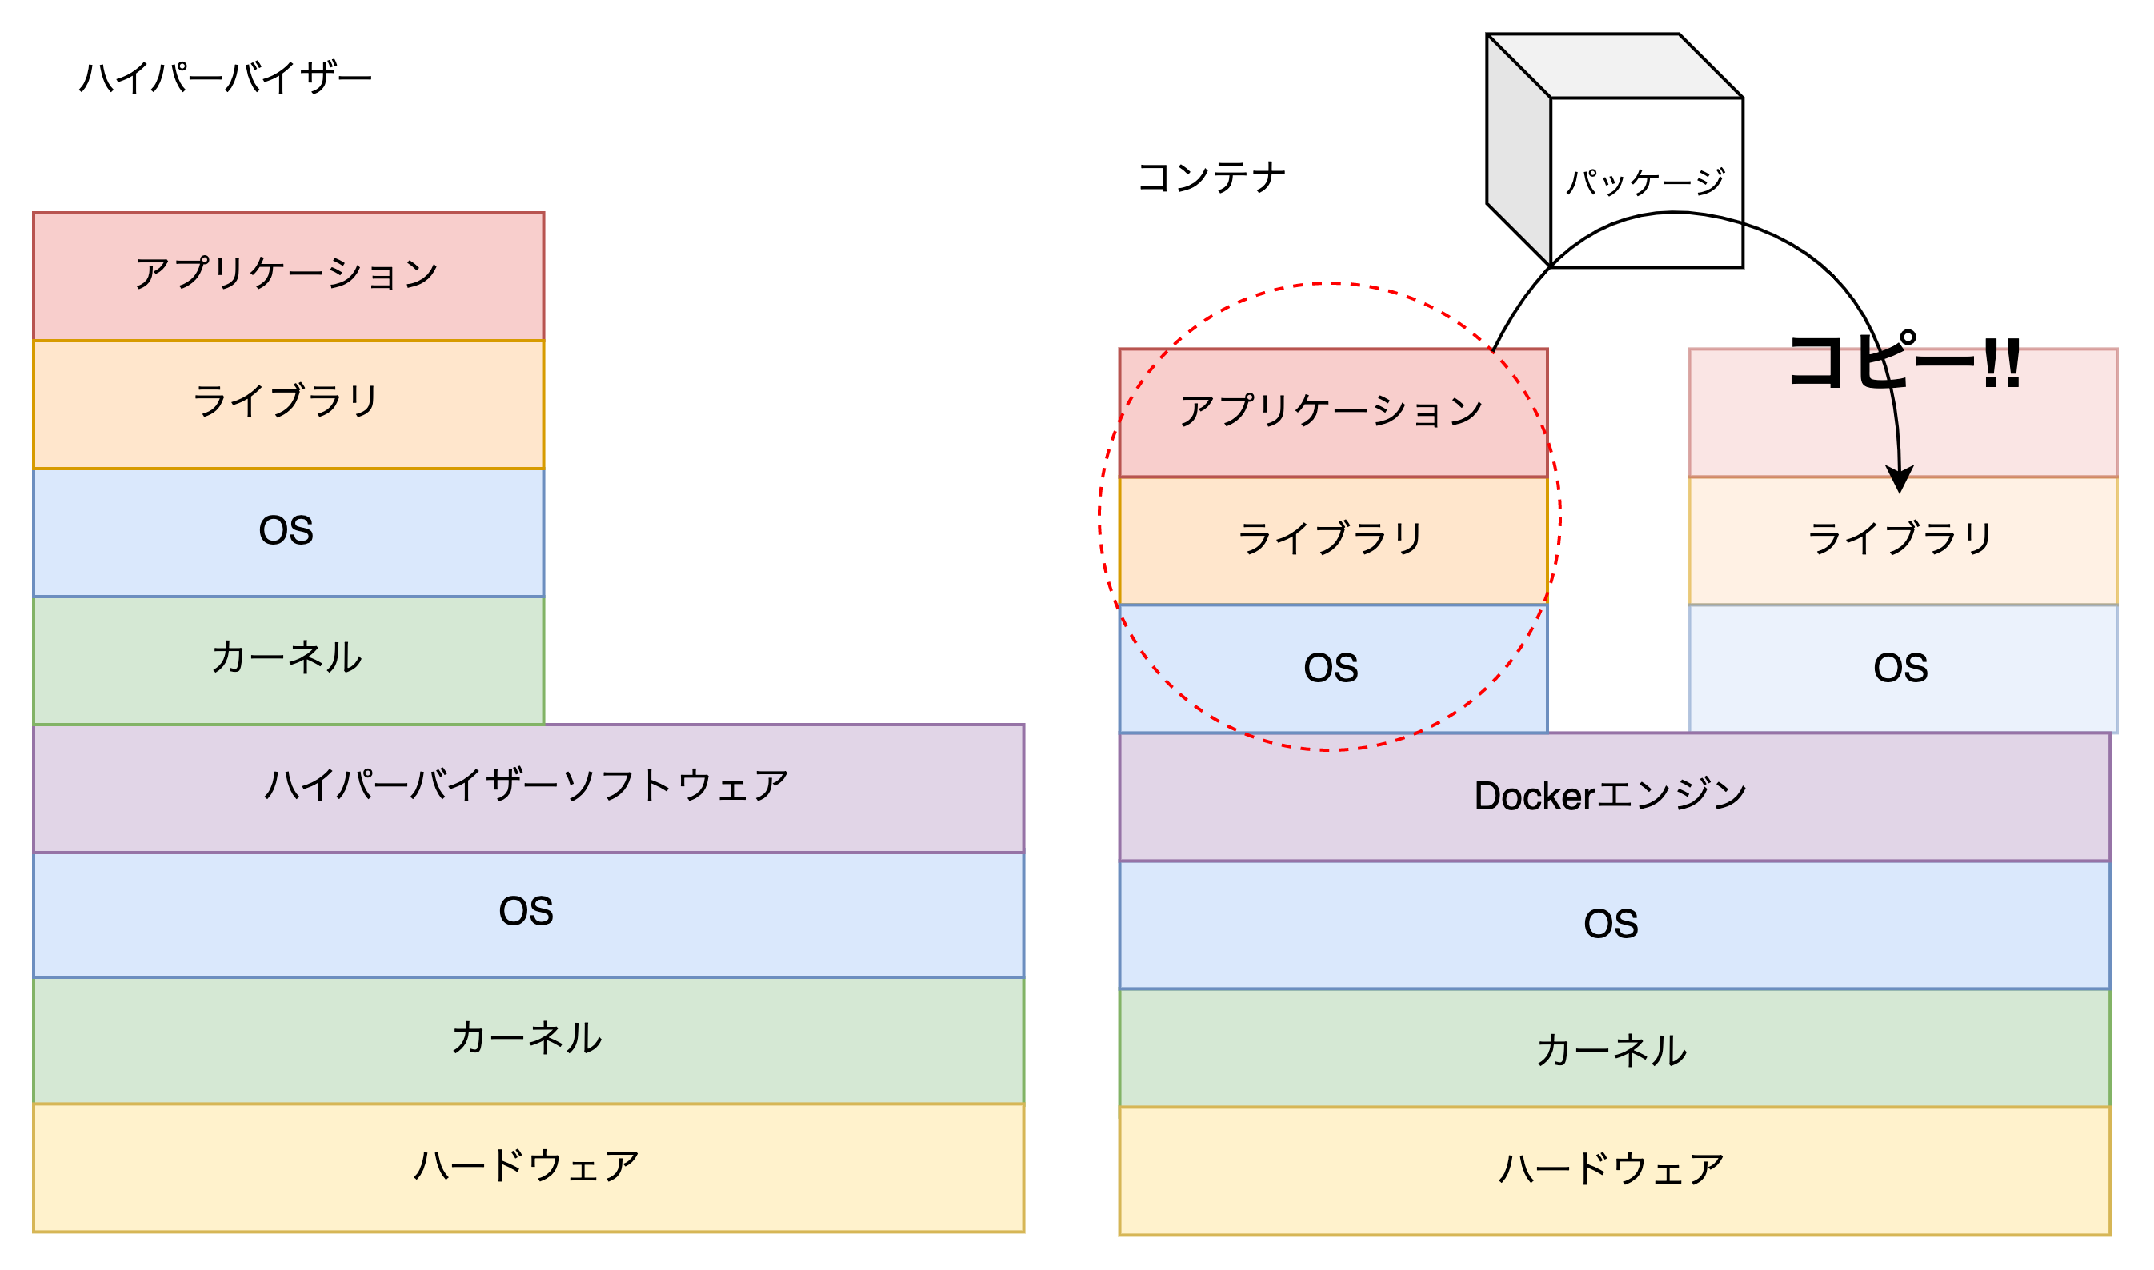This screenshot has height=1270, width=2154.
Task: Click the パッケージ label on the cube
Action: (1644, 182)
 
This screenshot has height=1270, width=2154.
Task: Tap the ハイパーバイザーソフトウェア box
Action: (528, 787)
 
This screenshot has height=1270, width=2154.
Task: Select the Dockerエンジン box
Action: (1614, 797)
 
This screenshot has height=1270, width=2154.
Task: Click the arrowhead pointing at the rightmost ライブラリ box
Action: (1900, 480)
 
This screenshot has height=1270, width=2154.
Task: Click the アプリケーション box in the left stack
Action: (289, 276)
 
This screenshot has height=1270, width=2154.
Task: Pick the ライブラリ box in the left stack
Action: (289, 404)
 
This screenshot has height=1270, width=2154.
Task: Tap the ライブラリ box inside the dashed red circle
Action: (1332, 540)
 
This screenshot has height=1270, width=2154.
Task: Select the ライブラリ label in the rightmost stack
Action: (1900, 539)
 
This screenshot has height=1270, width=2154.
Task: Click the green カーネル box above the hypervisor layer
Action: (289, 660)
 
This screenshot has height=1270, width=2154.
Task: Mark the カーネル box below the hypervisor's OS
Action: (528, 1040)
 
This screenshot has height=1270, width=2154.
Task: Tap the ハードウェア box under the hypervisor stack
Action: (528, 1168)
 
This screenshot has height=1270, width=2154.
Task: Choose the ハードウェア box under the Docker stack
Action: (1614, 1170)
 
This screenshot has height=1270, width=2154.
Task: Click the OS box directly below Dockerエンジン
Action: (1614, 925)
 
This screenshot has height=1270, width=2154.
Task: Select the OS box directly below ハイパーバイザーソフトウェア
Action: (528, 913)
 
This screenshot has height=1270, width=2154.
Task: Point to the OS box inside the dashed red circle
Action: (1332, 669)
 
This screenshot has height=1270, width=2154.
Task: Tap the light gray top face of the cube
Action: (1614, 66)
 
